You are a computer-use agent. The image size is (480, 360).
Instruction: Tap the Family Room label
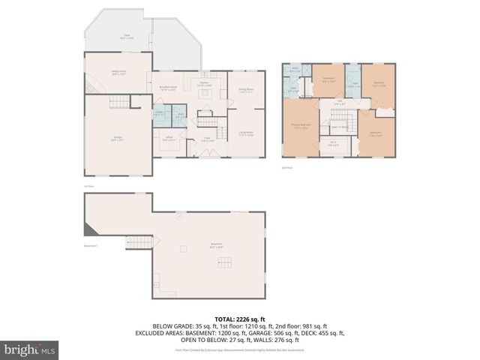[x=118, y=73]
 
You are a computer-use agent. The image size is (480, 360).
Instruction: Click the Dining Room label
[x=245, y=90]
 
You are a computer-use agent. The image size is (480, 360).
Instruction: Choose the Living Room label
[x=245, y=135]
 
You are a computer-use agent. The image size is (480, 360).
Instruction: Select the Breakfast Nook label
[x=168, y=87]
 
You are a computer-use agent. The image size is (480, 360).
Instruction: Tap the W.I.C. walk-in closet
[x=333, y=145]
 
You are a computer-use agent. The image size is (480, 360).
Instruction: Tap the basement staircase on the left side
[x=135, y=241]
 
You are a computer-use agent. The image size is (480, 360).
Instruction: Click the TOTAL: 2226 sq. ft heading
[x=240, y=319]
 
